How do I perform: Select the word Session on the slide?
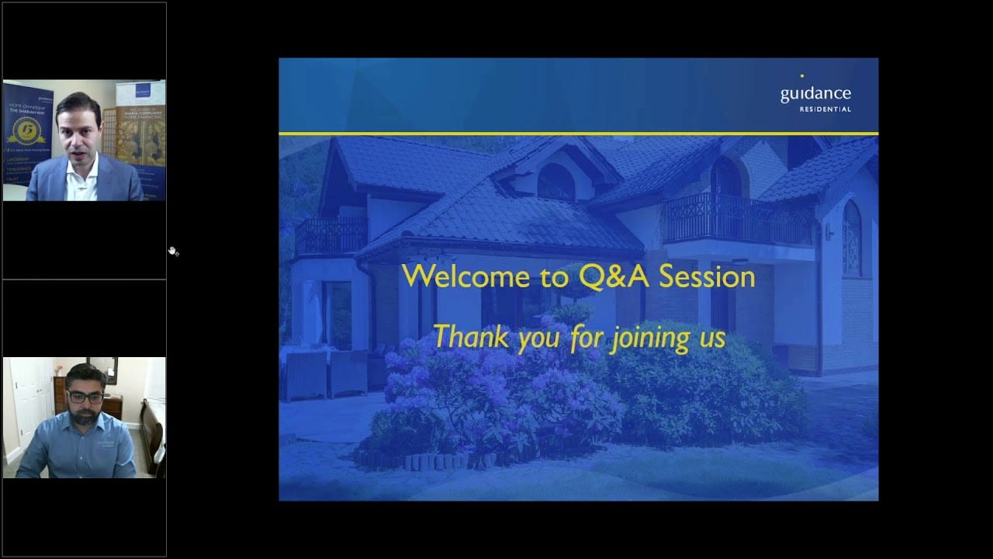[x=703, y=276]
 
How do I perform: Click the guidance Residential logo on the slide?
[x=815, y=97]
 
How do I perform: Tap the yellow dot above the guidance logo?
[x=801, y=76]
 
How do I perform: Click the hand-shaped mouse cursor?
[x=173, y=251]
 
